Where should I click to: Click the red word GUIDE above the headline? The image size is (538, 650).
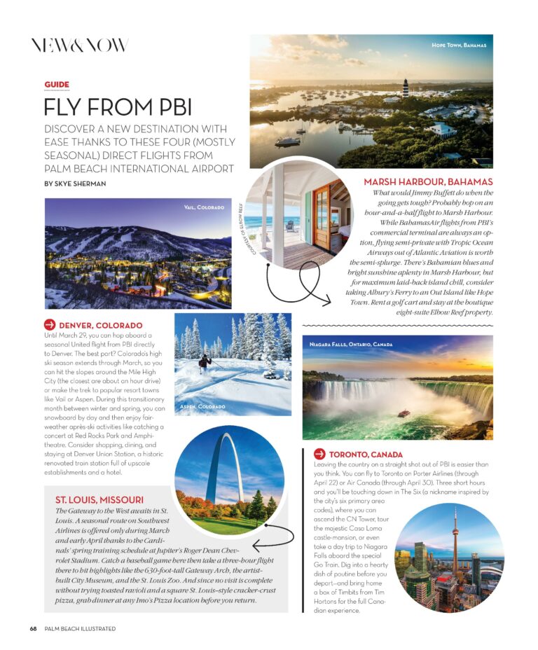(x=57, y=85)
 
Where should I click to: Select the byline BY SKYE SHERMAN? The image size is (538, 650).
(x=76, y=184)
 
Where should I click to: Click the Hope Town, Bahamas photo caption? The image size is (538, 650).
(x=459, y=46)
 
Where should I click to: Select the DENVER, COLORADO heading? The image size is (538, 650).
(x=100, y=325)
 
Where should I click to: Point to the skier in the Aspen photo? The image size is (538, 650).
(x=204, y=362)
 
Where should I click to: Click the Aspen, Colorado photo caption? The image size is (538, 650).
(x=202, y=406)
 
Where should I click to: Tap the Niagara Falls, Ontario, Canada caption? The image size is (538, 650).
(x=351, y=345)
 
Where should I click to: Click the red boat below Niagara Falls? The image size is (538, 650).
(x=403, y=413)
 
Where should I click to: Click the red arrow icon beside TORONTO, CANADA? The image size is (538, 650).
(x=319, y=454)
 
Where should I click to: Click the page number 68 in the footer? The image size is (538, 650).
(x=33, y=628)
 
